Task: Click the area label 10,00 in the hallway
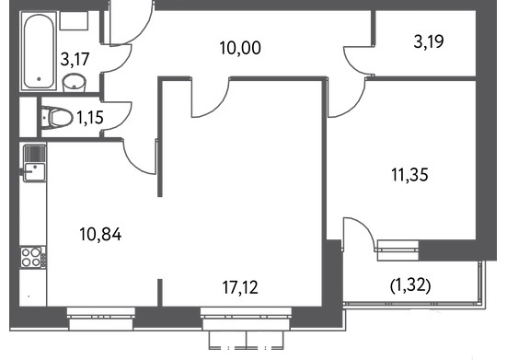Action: click(x=240, y=48)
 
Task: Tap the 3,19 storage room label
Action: click(x=429, y=41)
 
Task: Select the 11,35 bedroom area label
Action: click(x=409, y=175)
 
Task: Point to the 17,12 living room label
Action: click(x=240, y=287)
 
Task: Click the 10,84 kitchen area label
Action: click(x=100, y=234)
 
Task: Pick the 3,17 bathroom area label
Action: click(x=75, y=60)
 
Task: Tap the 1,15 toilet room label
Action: click(x=90, y=117)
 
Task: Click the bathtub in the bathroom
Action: click(x=39, y=52)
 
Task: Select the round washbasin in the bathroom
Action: click(x=74, y=83)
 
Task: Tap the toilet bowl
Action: click(x=58, y=117)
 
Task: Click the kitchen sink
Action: click(x=33, y=164)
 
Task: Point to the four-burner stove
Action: click(x=32, y=257)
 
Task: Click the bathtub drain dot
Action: click(x=39, y=79)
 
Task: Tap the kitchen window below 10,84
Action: click(x=101, y=319)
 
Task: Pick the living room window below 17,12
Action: click(x=246, y=319)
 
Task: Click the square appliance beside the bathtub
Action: click(x=74, y=21)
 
